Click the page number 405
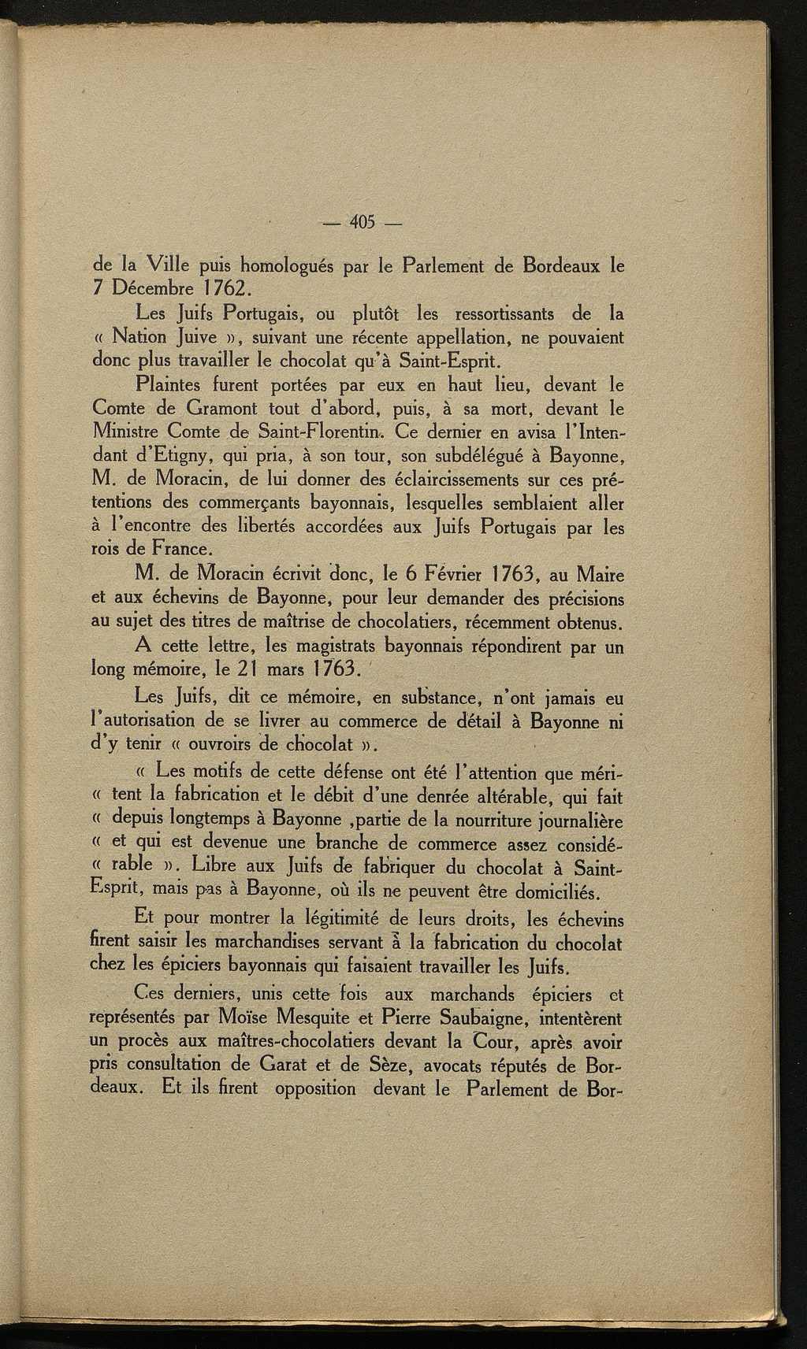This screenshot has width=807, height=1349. pyautogui.click(x=363, y=221)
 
